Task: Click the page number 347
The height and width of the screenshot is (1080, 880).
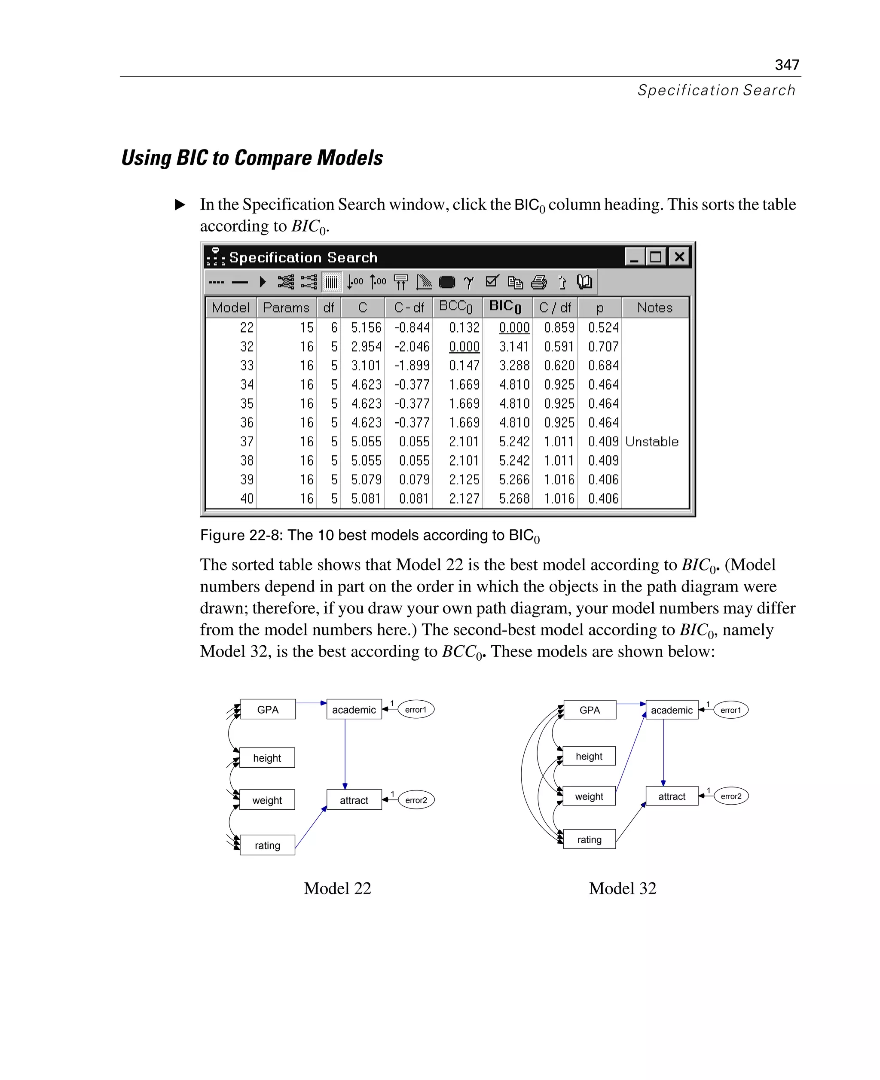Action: [x=786, y=65]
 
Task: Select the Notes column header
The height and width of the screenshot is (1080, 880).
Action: [x=654, y=308]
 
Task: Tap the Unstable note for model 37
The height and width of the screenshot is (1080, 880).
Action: [x=651, y=442]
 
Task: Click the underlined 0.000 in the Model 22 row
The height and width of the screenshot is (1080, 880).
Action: [x=514, y=327]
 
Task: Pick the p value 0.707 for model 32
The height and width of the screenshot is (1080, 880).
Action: [x=603, y=347]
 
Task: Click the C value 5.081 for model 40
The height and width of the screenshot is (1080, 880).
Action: [x=366, y=499]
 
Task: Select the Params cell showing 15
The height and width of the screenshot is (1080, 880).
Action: [x=306, y=327]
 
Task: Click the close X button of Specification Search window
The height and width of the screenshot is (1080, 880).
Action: [x=679, y=257]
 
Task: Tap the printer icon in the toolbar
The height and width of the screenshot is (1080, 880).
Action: [x=539, y=282]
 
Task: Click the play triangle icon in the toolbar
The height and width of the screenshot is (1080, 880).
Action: [x=262, y=282]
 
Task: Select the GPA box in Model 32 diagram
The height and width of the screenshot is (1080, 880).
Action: [x=590, y=710]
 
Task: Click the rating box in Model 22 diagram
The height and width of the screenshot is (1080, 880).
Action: [x=267, y=845]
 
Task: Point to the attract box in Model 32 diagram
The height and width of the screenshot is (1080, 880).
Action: [x=672, y=796]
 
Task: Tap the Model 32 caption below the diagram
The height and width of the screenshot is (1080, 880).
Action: [x=622, y=888]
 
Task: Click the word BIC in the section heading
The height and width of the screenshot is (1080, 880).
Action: [x=192, y=158]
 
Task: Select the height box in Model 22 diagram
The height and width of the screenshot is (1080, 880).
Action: [x=267, y=758]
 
